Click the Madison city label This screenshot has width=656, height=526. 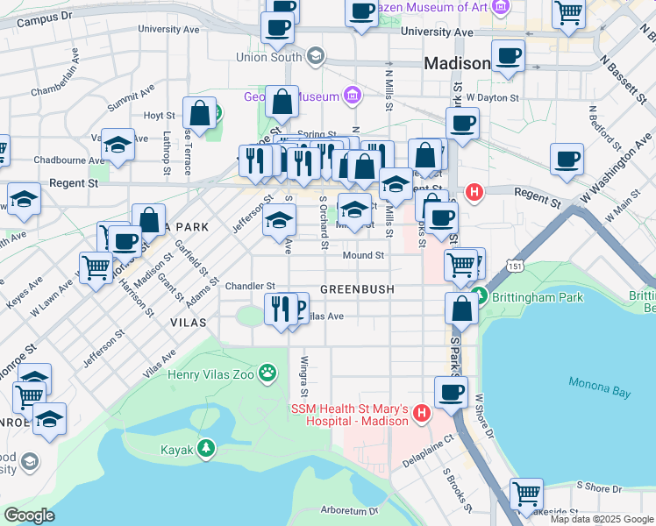457,64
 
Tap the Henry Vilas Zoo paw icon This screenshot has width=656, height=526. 268,374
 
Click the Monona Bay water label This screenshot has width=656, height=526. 599,387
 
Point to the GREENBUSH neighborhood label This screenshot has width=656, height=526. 357,288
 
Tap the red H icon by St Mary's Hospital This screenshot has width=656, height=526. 421,411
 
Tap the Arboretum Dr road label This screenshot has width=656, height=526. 349,510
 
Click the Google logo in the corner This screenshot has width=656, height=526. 29,515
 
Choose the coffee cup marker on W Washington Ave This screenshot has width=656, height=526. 567,160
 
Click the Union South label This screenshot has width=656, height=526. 268,57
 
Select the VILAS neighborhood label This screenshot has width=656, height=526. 189,323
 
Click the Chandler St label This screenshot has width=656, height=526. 250,286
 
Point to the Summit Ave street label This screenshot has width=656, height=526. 131,97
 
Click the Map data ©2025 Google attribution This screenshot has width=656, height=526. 602,519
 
